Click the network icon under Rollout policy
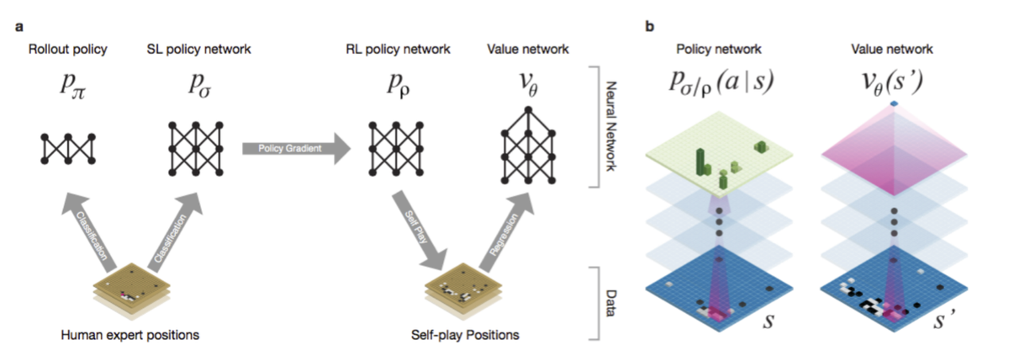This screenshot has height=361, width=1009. (x=66, y=148)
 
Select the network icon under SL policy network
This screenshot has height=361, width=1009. (x=198, y=148)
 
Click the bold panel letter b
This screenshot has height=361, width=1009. (x=649, y=26)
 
